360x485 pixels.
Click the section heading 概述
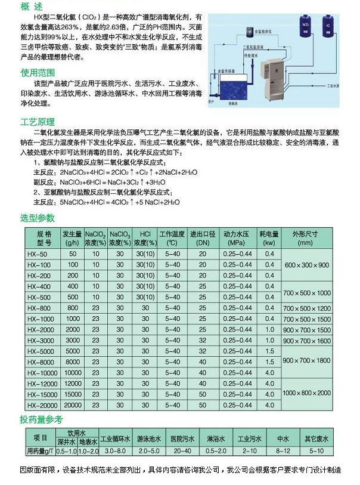(33, 7)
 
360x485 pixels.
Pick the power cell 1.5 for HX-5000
(269, 351)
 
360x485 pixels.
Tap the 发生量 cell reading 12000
(73, 383)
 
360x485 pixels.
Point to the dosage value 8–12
(283, 451)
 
